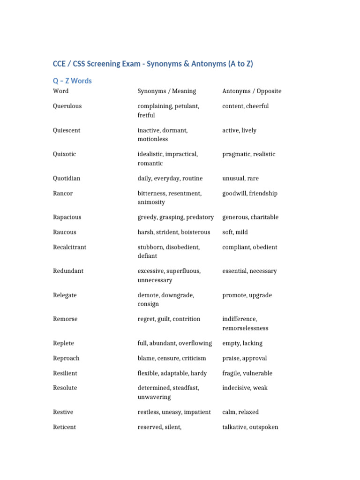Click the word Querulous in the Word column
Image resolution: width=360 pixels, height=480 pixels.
[x=67, y=106]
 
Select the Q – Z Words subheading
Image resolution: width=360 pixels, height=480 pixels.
[x=72, y=81]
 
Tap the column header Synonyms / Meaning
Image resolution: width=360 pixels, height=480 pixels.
[x=166, y=91]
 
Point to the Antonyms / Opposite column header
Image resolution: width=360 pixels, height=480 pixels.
[x=252, y=91]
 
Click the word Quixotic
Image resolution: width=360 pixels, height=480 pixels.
[x=64, y=154]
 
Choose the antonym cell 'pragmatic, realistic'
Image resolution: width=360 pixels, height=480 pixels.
[x=248, y=154]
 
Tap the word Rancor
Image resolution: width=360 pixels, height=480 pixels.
[x=63, y=194]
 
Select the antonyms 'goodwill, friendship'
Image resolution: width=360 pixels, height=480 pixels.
[x=250, y=194]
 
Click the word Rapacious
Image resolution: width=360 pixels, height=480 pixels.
[x=67, y=217]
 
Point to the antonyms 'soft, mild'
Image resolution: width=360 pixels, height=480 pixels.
[x=235, y=232]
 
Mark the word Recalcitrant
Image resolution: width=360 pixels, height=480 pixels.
[x=69, y=247]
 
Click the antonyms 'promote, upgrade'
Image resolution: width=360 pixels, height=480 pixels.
[x=247, y=296]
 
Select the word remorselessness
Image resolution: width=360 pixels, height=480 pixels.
[x=245, y=329]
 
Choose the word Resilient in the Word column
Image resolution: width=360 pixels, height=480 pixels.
[x=65, y=374]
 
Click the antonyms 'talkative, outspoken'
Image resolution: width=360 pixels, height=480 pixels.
[x=250, y=427]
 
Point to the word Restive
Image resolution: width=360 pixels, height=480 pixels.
[x=63, y=412]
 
